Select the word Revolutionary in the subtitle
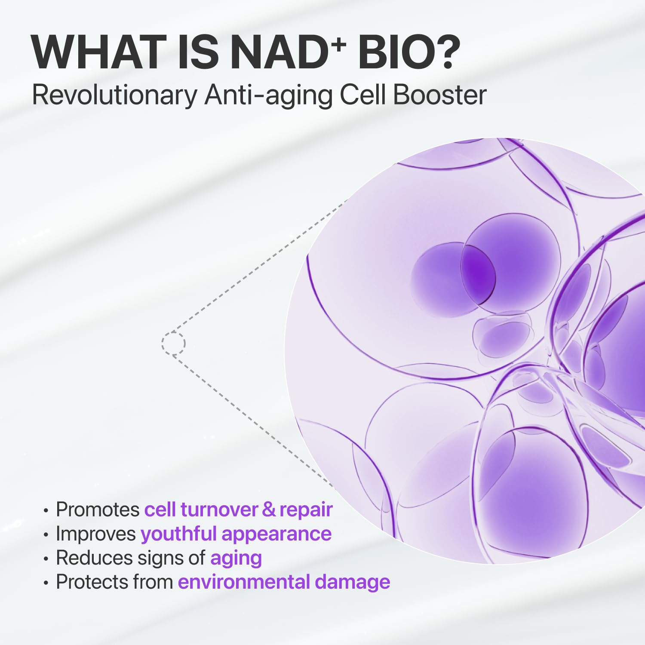115,95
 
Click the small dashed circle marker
173,343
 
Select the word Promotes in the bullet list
98,510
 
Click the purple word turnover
219,510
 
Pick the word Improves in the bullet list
96,534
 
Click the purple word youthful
178,534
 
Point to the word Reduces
94,558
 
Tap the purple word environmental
244,582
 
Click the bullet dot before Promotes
46,510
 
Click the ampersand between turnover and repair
268,510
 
